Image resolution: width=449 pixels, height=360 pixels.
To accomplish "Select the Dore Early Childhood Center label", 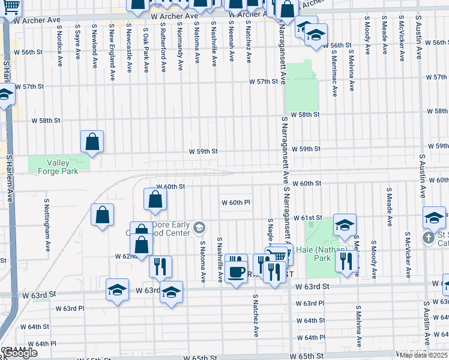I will point(174,229).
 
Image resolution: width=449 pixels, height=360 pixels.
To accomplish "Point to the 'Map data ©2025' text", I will point(424,354).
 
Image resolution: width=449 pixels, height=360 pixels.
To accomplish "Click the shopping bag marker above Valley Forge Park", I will point(92,142).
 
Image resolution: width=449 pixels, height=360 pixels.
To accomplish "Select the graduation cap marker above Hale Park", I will point(345,226).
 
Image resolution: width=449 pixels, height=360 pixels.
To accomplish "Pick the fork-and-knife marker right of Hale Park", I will point(347,260).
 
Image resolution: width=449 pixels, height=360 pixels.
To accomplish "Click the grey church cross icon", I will point(428,238).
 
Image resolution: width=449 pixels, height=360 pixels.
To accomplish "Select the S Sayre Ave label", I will point(77,41).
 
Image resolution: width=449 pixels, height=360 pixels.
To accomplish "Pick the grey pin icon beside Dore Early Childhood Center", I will point(199,227).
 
